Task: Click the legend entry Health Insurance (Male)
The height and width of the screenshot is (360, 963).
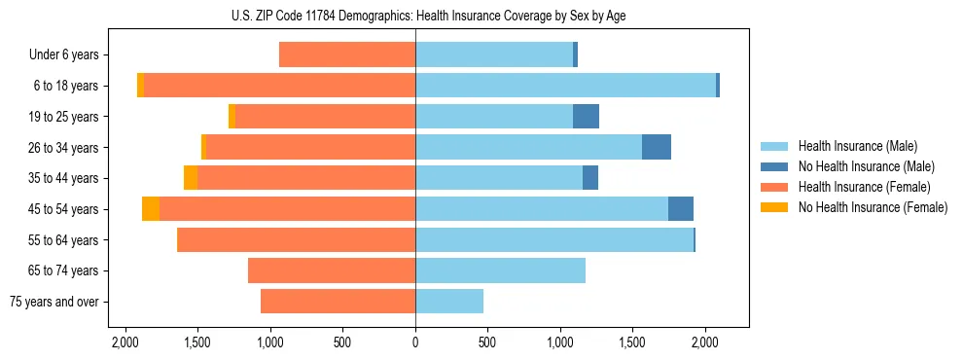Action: (x=857, y=146)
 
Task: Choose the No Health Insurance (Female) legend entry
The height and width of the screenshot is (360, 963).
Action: (x=873, y=207)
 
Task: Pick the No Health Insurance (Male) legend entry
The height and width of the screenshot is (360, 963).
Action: (x=866, y=166)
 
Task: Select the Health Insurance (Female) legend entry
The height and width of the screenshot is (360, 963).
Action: (x=864, y=187)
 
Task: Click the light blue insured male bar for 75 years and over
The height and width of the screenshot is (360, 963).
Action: (x=449, y=302)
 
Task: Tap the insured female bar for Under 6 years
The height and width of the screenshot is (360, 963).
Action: (x=347, y=55)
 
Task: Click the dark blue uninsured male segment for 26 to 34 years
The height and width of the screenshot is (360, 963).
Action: (x=657, y=147)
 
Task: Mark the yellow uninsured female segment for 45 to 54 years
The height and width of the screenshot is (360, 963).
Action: (x=151, y=209)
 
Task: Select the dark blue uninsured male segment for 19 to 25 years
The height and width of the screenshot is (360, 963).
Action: (x=586, y=117)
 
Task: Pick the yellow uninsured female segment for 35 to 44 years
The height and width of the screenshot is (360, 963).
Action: (x=191, y=178)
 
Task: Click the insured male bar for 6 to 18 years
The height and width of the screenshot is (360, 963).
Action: (x=565, y=86)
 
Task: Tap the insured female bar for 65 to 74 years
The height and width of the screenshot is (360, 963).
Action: (x=332, y=270)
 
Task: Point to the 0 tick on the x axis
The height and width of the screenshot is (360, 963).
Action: (x=415, y=342)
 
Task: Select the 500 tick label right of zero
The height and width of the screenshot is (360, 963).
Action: (x=487, y=342)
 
